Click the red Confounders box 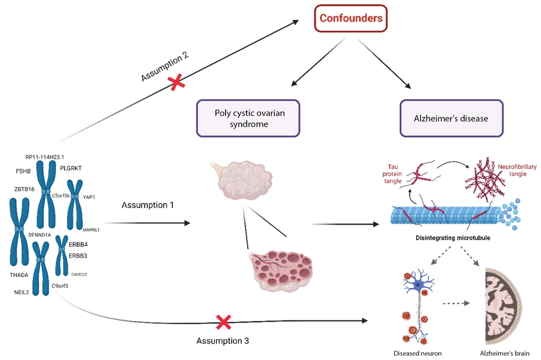tap(351, 18)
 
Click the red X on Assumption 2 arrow tap(175, 83)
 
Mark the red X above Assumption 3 tap(222, 323)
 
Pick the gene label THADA tap(19, 275)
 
